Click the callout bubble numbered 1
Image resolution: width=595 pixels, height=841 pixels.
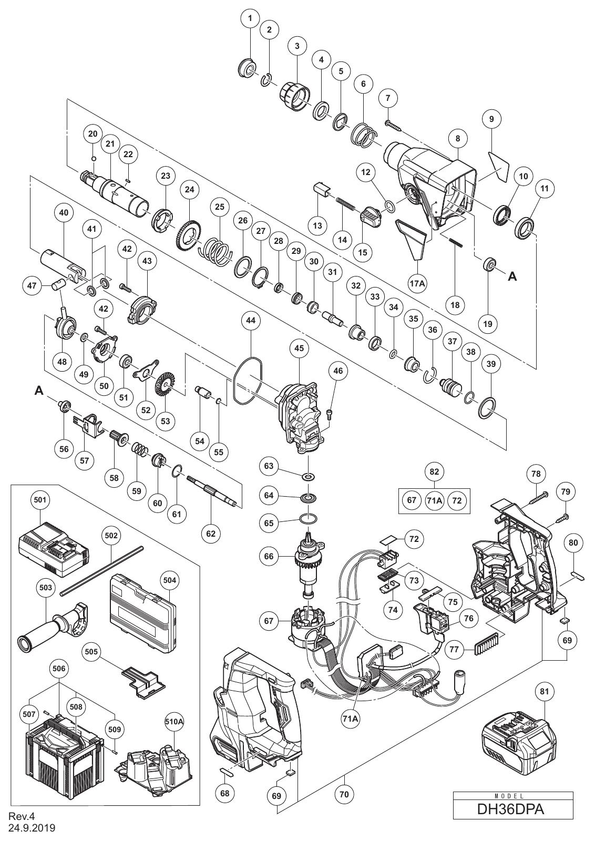(250, 17)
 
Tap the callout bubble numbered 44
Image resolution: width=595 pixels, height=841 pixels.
(251, 320)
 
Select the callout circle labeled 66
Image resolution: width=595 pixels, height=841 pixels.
(269, 556)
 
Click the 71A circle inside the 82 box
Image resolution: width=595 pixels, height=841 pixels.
(434, 500)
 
